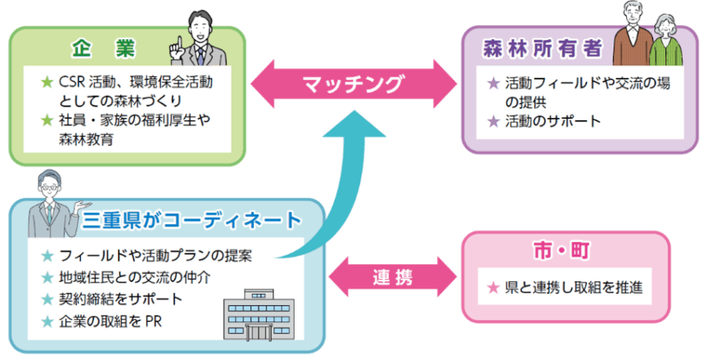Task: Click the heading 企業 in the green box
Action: pyautogui.click(x=104, y=49)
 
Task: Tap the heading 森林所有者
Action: pyautogui.click(x=542, y=50)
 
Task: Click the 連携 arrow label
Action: pyautogui.click(x=393, y=277)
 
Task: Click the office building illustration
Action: pyautogui.click(x=256, y=315)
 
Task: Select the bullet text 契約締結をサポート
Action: pyautogui.click(x=121, y=299)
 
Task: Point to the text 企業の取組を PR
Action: pyautogui.click(x=111, y=321)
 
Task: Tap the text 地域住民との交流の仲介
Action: pyautogui.click(x=134, y=277)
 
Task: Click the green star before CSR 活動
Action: pyautogui.click(x=46, y=82)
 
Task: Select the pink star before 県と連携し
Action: pyautogui.click(x=493, y=288)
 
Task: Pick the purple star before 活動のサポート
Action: pyautogui.click(x=493, y=122)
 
